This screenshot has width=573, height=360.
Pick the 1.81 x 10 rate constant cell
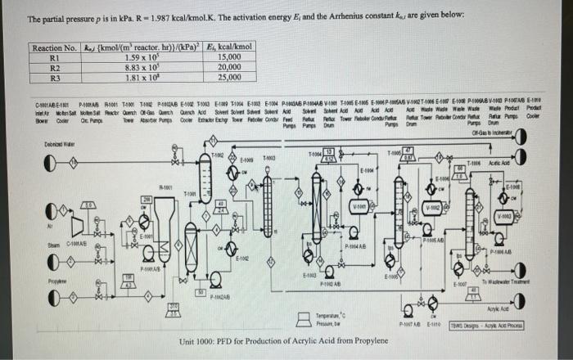[142, 79]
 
